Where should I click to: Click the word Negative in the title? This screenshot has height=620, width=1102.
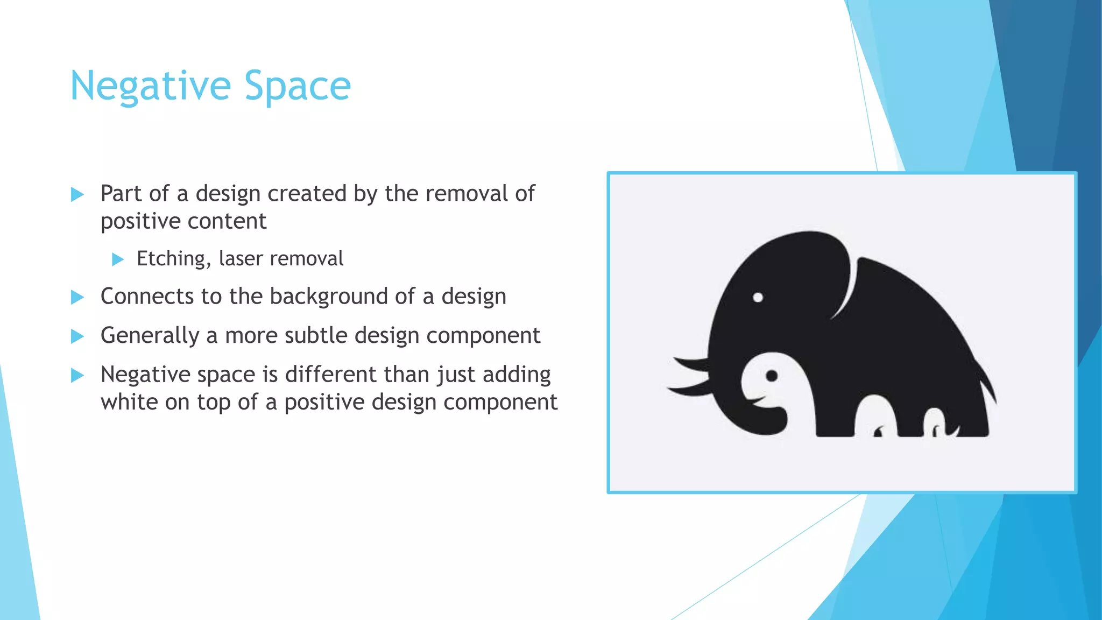[x=150, y=86]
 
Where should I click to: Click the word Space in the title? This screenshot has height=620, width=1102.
[x=298, y=86]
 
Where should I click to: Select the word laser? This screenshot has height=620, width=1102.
[x=241, y=259]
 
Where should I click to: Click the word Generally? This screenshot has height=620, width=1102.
[x=150, y=336]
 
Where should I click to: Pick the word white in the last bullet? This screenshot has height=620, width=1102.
[x=129, y=403]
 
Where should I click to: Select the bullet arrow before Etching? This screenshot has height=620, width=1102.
[x=117, y=260]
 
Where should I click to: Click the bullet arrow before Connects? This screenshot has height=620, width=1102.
[x=77, y=297]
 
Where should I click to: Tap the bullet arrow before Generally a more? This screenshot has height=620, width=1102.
[x=77, y=337]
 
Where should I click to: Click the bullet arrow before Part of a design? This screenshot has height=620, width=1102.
[x=77, y=194]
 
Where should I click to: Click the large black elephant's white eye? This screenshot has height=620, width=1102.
[x=758, y=297]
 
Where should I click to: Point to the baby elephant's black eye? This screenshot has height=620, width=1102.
[x=772, y=376]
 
